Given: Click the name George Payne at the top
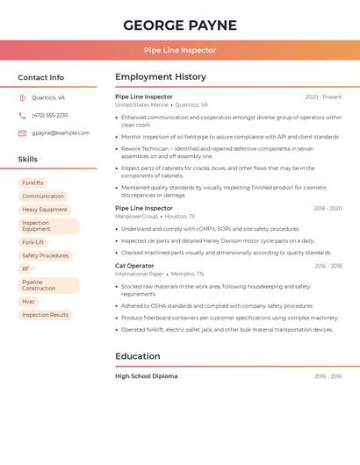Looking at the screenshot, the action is click(x=180, y=25).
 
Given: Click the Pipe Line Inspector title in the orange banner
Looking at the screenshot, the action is click(x=180, y=50).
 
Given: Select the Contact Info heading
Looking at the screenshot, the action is click(x=40, y=77).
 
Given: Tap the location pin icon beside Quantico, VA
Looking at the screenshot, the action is click(x=22, y=97).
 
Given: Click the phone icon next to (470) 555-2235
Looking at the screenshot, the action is click(x=22, y=115).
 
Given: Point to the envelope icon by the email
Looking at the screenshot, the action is click(x=22, y=133).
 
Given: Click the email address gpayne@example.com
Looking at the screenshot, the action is click(x=61, y=133).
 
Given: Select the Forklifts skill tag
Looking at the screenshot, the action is click(x=32, y=183).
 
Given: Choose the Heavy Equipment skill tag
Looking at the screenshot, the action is click(x=45, y=210).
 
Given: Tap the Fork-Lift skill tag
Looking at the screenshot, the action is click(x=33, y=242).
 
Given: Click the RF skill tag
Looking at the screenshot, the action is click(x=25, y=268).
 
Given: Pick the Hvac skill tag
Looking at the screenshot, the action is click(x=29, y=302).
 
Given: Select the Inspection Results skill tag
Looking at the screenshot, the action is click(x=45, y=315).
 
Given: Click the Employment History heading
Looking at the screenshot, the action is click(x=161, y=77).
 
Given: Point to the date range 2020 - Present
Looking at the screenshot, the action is click(x=323, y=97).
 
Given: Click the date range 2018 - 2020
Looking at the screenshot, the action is click(x=328, y=209).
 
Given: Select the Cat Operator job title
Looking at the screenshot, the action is click(x=134, y=266).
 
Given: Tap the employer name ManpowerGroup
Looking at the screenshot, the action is click(x=136, y=216).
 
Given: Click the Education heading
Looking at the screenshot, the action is click(x=138, y=356).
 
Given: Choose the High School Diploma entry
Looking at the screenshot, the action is click(x=146, y=376).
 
